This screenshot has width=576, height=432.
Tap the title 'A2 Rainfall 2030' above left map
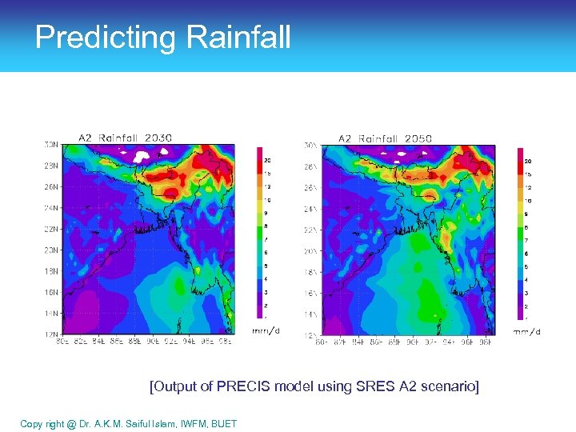click(125, 138)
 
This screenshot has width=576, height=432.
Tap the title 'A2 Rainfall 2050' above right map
click(385, 138)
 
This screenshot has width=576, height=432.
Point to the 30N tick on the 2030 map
click(50, 145)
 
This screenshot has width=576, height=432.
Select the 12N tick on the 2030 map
click(50, 334)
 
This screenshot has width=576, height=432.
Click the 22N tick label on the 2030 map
click(50, 229)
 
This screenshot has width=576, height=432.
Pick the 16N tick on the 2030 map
click(50, 292)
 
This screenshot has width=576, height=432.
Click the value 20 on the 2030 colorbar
click(268, 159)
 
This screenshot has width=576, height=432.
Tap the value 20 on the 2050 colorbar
click(528, 161)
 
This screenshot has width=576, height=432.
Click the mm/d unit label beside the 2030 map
click(266, 330)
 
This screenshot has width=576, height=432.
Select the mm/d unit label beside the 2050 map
click(526, 331)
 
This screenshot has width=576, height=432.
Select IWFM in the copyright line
click(186, 423)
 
